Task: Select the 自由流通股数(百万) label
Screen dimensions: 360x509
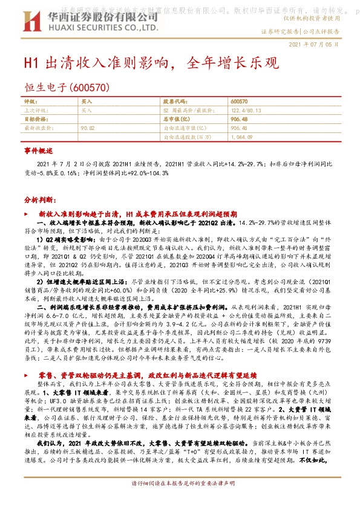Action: [186, 137]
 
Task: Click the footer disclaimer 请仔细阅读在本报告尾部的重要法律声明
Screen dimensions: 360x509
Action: [180, 501]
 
